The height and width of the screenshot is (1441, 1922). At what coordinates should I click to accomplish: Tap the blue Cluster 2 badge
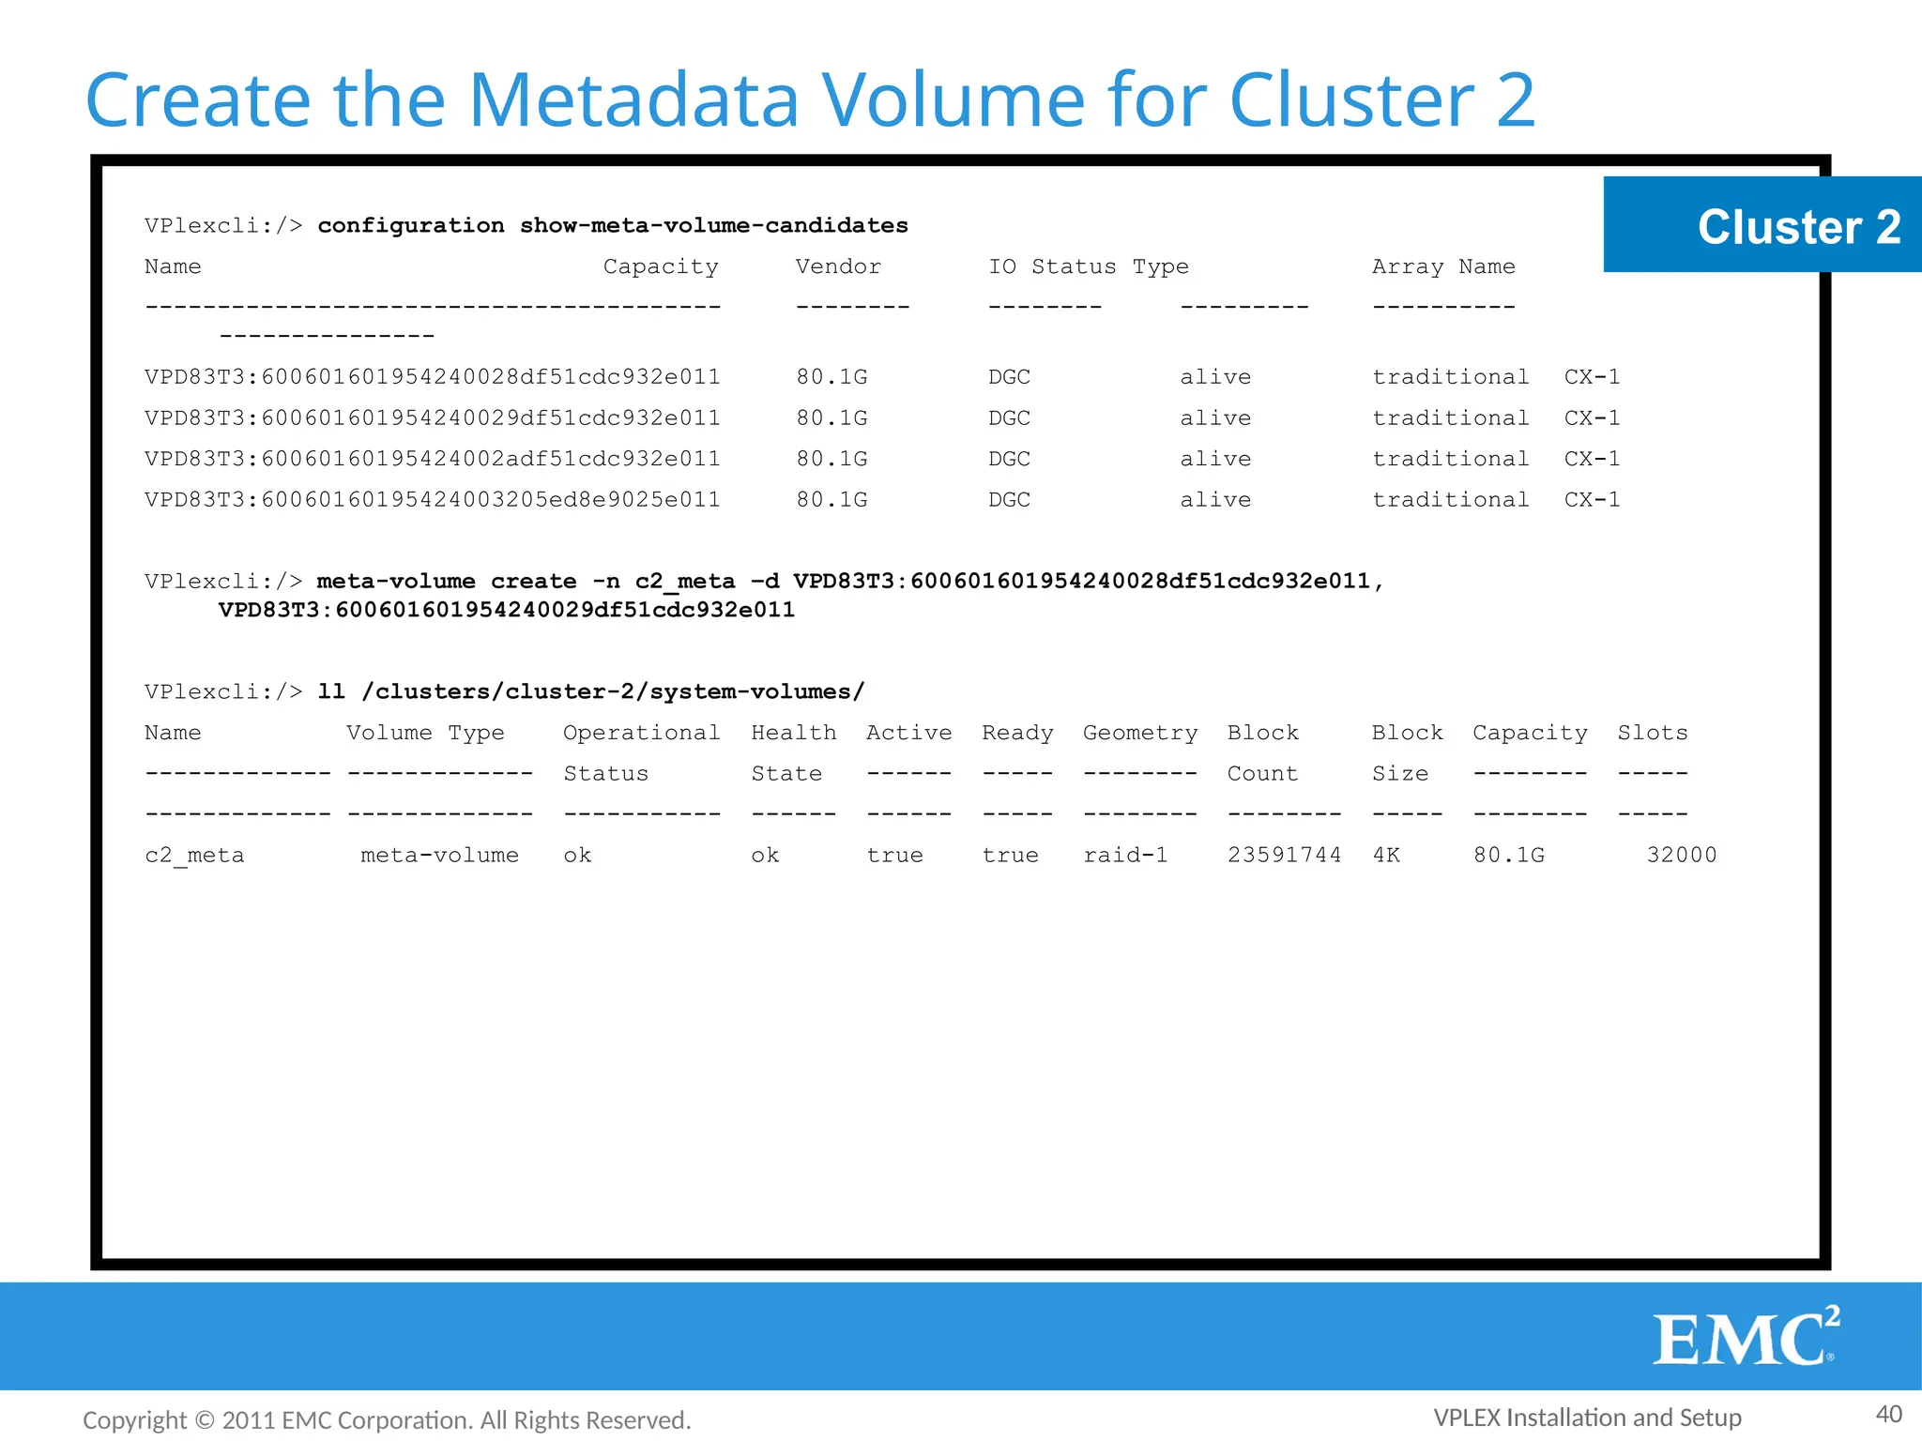coord(1762,225)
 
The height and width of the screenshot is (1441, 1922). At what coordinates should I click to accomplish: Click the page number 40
coord(1888,1414)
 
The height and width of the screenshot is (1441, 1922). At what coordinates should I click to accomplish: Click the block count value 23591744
coord(1284,855)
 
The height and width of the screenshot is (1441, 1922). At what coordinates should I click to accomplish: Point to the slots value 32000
coord(1681,855)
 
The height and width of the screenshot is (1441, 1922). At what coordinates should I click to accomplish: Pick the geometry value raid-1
coord(1125,855)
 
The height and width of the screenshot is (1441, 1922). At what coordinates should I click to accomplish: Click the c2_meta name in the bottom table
coord(194,856)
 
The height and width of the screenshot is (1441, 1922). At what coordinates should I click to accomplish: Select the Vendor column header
coord(838,266)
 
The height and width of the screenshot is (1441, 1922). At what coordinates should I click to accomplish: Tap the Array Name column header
coord(1443,266)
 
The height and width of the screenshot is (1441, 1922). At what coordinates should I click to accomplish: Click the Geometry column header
coord(1140,733)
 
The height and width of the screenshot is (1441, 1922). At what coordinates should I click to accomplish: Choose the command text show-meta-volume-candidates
coord(713,225)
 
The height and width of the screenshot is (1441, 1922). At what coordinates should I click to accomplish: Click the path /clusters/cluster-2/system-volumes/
coord(613,691)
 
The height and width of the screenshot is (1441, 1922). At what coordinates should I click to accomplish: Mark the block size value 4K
coord(1386,855)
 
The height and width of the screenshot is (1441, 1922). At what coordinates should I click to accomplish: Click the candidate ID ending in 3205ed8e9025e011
coord(433,499)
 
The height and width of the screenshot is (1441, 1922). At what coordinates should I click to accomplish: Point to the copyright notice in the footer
coord(387,1420)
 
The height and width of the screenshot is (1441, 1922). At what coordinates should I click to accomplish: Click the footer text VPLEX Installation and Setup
coord(1587,1417)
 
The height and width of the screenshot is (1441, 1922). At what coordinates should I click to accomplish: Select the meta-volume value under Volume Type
coord(439,855)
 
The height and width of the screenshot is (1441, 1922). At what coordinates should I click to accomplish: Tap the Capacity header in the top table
coord(661,266)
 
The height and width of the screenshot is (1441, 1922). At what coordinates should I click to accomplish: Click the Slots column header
coord(1652,733)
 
